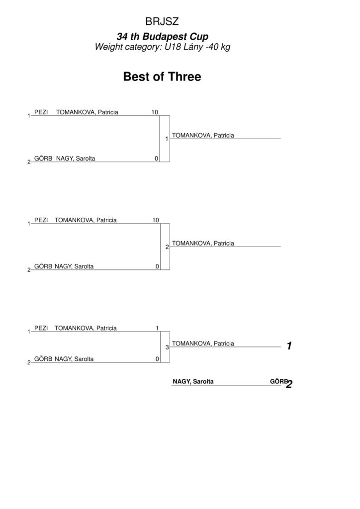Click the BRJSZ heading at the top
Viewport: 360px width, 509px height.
162,21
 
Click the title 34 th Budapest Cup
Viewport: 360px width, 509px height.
162,36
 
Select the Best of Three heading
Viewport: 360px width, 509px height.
162,77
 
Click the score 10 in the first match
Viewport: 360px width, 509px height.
155,112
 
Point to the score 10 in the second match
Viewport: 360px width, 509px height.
156,220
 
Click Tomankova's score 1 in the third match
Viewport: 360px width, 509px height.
157,328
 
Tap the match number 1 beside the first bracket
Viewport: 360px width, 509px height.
167,139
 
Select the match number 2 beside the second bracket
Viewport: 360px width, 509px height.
167,247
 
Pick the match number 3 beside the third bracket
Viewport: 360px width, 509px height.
167,347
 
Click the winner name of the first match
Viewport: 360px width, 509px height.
203,135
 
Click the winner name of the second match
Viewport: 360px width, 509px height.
203,244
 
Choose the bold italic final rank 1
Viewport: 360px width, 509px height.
289,346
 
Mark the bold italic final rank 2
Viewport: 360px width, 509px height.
289,384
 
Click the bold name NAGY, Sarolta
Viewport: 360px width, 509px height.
193,381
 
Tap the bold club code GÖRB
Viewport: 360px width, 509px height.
278,381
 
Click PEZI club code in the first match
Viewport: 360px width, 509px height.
41,112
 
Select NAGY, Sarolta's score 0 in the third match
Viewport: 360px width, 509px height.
158,359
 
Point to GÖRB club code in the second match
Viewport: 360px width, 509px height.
43,266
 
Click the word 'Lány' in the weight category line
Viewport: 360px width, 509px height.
193,47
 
